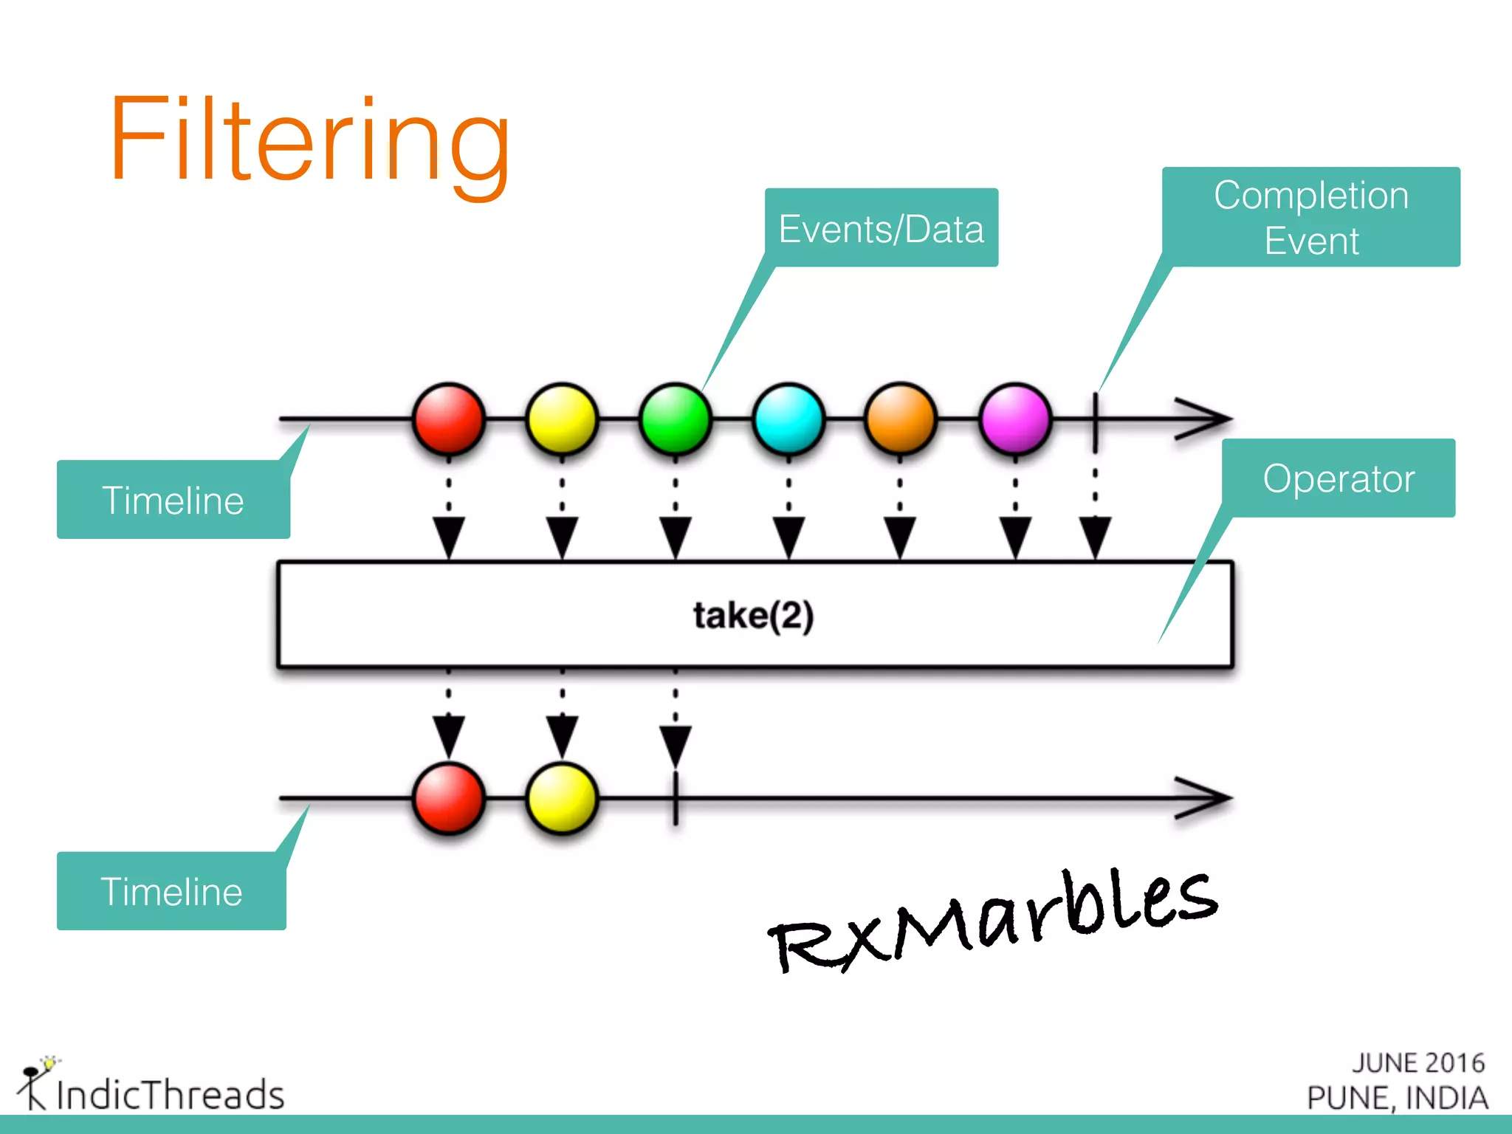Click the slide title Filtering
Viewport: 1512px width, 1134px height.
click(310, 140)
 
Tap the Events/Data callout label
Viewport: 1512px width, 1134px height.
click(881, 229)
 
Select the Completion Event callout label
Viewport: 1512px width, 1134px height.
click(1311, 217)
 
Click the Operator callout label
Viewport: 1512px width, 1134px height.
click(1339, 478)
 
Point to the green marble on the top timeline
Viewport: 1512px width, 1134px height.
click(675, 419)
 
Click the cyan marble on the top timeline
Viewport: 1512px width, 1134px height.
click(788, 419)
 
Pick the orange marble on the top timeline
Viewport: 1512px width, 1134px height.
click(901, 419)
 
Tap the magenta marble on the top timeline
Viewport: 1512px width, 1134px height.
click(1015, 419)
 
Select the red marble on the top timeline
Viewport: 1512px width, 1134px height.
click(449, 419)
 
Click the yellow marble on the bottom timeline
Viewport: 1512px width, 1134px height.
click(562, 799)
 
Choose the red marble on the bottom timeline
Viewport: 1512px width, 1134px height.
click(449, 799)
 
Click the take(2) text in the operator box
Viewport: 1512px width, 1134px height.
click(753, 615)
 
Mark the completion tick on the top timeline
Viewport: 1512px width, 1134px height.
click(1095, 421)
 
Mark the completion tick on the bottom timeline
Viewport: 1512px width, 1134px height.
click(676, 799)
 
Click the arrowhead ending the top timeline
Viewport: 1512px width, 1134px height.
click(1203, 419)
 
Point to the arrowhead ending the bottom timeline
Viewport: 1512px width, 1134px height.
click(1203, 798)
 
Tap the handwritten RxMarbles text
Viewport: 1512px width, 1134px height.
click(993, 923)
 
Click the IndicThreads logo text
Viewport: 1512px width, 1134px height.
click(170, 1094)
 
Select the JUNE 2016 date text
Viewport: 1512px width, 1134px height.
click(1417, 1063)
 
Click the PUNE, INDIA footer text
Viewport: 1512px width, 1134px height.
click(1397, 1098)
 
